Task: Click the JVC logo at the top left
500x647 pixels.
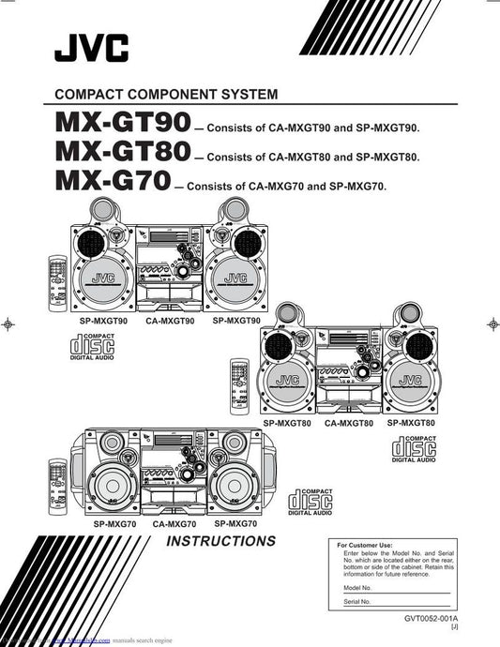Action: coord(91,47)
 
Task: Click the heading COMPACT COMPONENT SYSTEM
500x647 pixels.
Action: coord(166,94)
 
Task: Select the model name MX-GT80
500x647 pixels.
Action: coord(122,151)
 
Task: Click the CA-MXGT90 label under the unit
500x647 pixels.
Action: coord(170,321)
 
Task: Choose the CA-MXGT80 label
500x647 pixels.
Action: coord(349,424)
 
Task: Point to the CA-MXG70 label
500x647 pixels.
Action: coord(174,523)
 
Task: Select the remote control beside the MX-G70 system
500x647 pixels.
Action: coord(57,478)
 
